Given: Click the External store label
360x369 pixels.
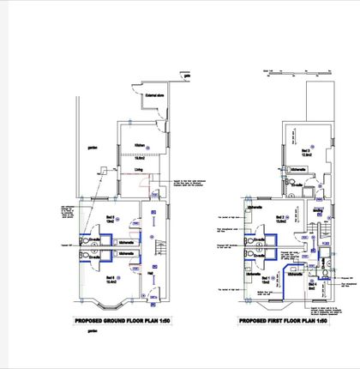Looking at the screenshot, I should [155, 96].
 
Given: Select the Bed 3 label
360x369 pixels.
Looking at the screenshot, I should [305, 151].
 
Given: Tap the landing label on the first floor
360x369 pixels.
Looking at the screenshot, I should [317, 210].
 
